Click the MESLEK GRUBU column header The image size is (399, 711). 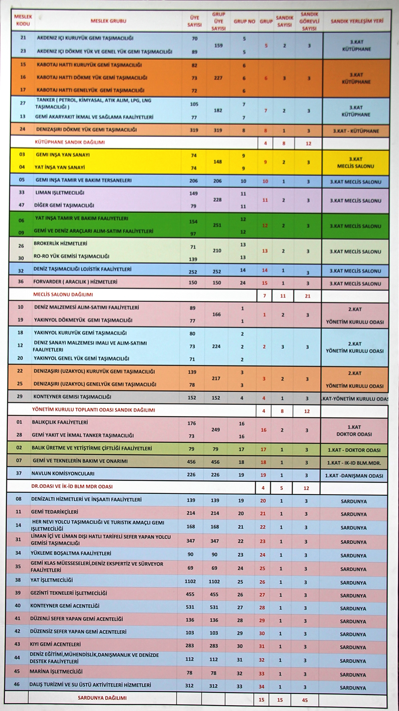(x=108, y=21)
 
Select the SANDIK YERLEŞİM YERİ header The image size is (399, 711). (x=357, y=21)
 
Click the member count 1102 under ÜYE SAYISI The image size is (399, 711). (x=190, y=581)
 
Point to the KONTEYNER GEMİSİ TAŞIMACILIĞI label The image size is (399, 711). (x=72, y=397)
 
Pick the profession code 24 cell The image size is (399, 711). (x=22, y=129)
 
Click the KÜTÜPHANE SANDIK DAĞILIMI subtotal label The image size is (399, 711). (x=70, y=142)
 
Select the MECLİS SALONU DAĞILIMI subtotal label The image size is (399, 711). (x=63, y=295)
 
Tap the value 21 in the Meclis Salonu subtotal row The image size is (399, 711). (x=308, y=296)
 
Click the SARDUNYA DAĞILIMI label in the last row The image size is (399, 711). (x=102, y=698)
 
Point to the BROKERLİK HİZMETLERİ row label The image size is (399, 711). (x=60, y=244)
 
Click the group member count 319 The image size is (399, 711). (x=217, y=130)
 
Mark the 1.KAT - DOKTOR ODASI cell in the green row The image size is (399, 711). (x=354, y=450)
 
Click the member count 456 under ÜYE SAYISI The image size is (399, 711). (x=191, y=462)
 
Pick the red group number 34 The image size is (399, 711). (x=262, y=687)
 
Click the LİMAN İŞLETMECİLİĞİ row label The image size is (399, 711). (x=60, y=193)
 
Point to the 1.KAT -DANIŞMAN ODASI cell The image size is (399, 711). (x=354, y=475)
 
